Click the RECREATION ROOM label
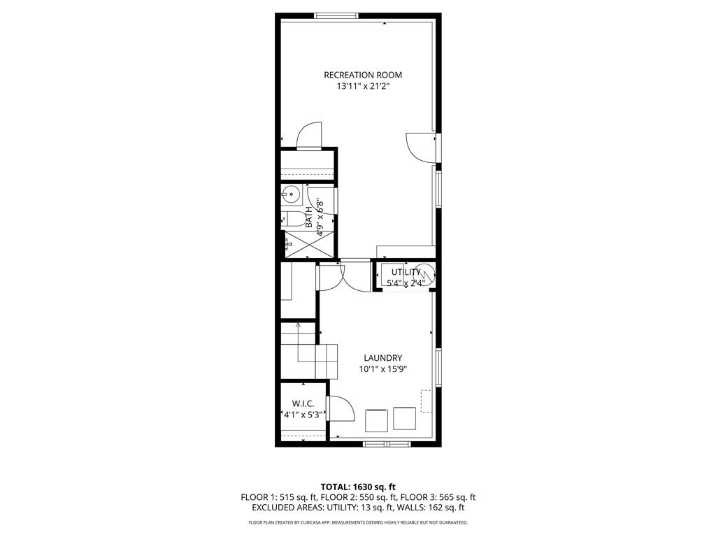pyautogui.click(x=363, y=75)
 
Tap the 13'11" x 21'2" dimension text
pyautogui.click(x=363, y=86)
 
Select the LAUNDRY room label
pyautogui.click(x=382, y=358)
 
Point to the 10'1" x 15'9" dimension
pyautogui.click(x=382, y=369)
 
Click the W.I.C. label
pyautogui.click(x=303, y=403)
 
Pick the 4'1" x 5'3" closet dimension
pyautogui.click(x=303, y=415)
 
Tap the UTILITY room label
pyautogui.click(x=406, y=272)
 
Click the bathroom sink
pyautogui.click(x=290, y=194)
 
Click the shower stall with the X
pyautogui.click(x=309, y=244)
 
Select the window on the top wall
pyautogui.click(x=336, y=16)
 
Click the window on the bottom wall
pyautogui.click(x=387, y=444)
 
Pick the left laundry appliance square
pyautogui.click(x=376, y=420)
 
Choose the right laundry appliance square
pyautogui.click(x=405, y=419)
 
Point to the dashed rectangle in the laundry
pyautogui.click(x=427, y=401)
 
